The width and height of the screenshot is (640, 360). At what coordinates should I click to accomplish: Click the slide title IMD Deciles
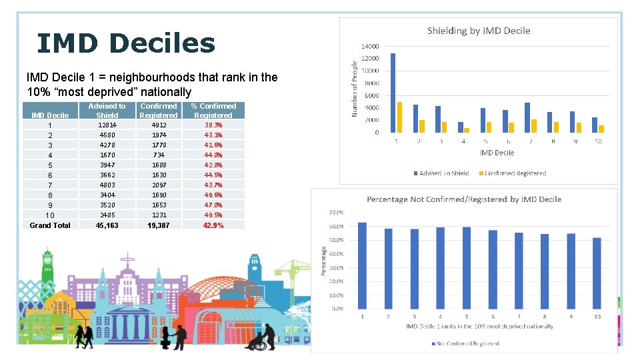click(126, 43)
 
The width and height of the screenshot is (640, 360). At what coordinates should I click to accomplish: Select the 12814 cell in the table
click(107, 125)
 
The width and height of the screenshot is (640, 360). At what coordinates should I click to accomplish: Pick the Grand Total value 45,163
click(107, 225)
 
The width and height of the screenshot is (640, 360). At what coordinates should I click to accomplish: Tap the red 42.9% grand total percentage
click(213, 225)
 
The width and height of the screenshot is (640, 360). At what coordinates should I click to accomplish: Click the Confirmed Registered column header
click(159, 111)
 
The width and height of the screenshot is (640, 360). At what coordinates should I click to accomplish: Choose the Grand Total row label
click(50, 225)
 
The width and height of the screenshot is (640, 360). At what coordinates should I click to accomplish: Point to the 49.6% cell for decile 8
click(213, 195)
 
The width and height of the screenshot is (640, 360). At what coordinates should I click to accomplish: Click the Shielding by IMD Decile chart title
click(479, 31)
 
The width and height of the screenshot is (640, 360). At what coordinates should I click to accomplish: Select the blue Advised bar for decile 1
click(393, 93)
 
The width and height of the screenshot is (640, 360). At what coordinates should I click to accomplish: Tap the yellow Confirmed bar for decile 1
click(399, 117)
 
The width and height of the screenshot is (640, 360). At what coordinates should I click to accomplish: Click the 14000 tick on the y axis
click(370, 47)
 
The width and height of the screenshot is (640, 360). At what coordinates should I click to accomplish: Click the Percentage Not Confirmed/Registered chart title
click(464, 199)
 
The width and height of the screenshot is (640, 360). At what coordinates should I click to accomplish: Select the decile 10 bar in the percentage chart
click(596, 273)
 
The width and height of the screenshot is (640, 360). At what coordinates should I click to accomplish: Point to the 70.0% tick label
click(337, 213)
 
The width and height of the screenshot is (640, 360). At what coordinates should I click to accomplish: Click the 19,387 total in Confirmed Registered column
click(159, 225)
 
